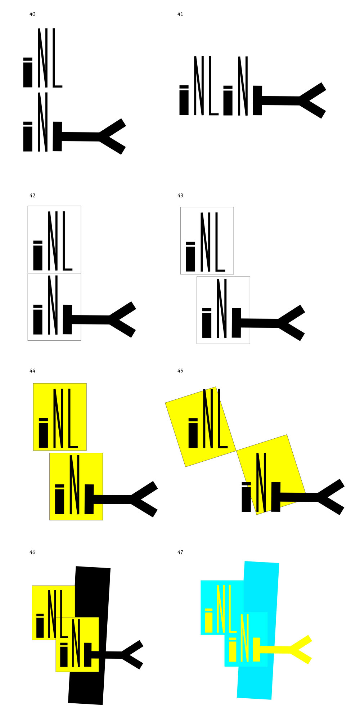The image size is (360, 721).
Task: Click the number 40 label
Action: pyautogui.click(x=32, y=14)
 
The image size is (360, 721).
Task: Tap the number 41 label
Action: pyautogui.click(x=180, y=14)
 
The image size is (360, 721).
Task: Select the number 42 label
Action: pyautogui.click(x=32, y=196)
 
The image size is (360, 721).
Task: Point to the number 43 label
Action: pyautogui.click(x=180, y=196)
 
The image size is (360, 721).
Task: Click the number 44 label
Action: pyautogui.click(x=32, y=371)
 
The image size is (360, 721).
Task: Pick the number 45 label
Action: pyautogui.click(x=180, y=371)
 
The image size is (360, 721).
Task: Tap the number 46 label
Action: pyautogui.click(x=32, y=552)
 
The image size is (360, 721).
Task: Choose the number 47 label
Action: pyautogui.click(x=180, y=552)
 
